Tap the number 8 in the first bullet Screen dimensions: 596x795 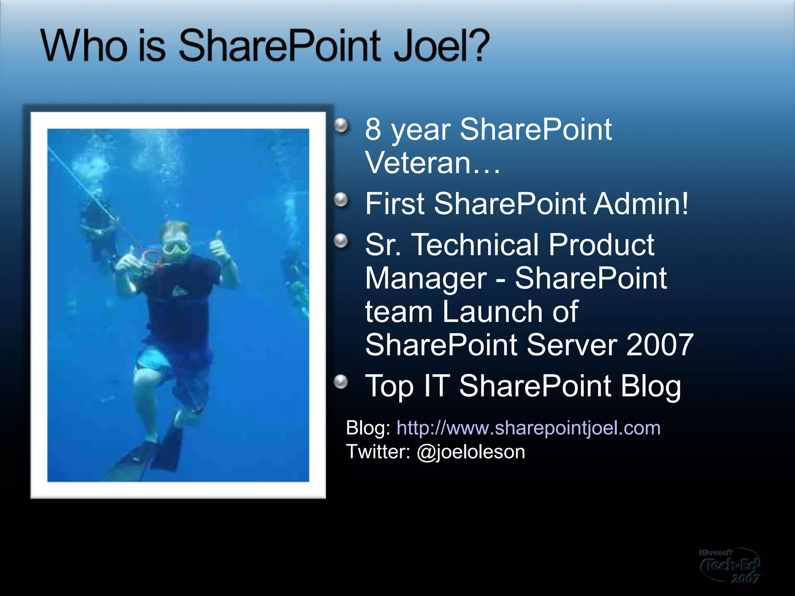[373, 129]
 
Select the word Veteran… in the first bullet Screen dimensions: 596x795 [432, 163]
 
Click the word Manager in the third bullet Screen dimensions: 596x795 [426, 279]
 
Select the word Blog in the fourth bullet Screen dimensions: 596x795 [651, 386]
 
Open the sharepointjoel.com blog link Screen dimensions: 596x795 [528, 428]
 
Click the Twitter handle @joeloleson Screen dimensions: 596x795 [470, 452]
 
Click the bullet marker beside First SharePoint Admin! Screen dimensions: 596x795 [341, 200]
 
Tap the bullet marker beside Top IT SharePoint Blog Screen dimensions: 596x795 [341, 382]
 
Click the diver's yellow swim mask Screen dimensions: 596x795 [175, 248]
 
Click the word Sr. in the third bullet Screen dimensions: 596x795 [383, 245]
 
